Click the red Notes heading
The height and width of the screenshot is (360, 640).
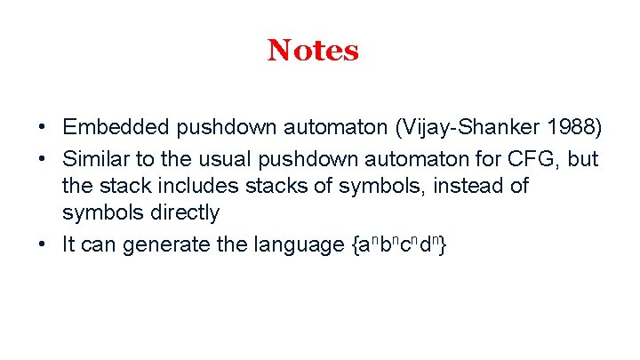pos(313,51)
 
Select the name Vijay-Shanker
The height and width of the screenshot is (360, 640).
pos(476,130)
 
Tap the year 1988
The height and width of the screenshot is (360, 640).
pos(573,130)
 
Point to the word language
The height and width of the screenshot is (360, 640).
pos(299,244)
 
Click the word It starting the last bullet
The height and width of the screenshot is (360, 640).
pos(68,244)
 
